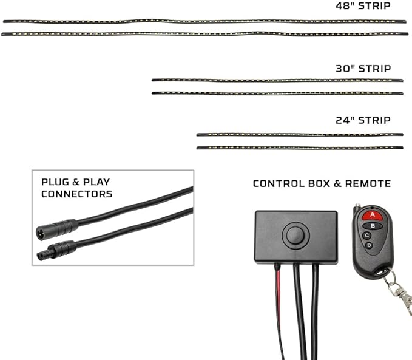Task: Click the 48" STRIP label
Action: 363,6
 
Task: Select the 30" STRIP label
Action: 363,69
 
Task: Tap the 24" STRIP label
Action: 363,120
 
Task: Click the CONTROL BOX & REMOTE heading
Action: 322,183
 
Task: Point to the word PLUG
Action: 55,182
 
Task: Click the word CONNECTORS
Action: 76,194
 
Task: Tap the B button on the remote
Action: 373,226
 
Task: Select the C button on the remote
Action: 367,236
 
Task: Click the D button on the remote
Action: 369,245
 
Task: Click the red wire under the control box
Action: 279,310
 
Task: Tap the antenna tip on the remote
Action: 357,205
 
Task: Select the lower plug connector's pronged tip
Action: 42,255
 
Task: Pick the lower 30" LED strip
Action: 277,93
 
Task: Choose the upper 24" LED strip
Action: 300,135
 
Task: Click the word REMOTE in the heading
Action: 368,183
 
